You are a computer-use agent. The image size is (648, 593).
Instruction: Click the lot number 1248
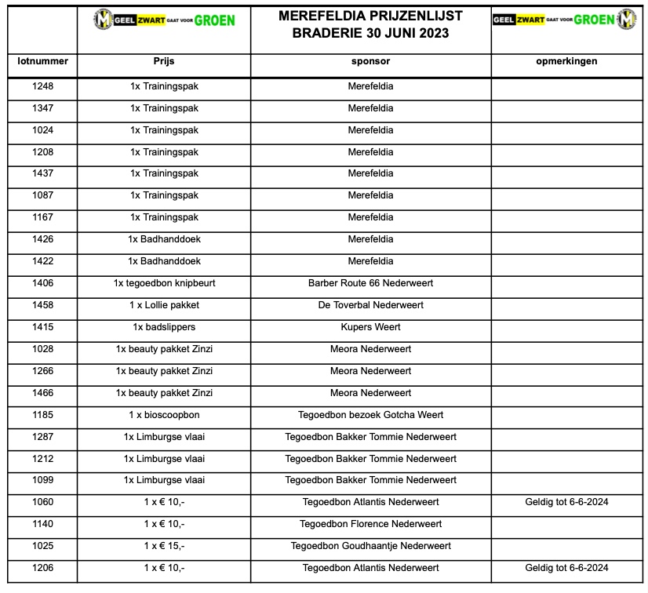pos(43,86)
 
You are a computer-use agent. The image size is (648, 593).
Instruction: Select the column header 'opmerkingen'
pos(569,61)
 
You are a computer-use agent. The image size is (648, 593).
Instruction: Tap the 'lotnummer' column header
pos(43,61)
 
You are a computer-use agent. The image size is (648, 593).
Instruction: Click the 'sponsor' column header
pos(370,61)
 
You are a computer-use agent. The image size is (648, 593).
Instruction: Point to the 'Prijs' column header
pos(164,61)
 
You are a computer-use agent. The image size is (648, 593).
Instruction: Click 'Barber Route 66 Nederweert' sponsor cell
pos(370,283)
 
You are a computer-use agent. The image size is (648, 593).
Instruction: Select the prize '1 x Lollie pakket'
pos(164,305)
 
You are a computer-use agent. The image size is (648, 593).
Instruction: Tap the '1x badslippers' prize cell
pos(164,327)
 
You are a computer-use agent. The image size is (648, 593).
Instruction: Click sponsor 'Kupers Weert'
pos(370,327)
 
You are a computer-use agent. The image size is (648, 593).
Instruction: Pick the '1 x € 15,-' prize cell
pos(164,546)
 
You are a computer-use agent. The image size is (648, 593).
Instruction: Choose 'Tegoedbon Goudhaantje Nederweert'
pos(370,546)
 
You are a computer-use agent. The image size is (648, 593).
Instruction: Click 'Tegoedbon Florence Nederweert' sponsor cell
pos(370,524)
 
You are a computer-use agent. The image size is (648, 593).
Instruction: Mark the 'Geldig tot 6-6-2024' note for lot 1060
pos(569,502)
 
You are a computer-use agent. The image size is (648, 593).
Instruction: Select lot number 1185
pos(43,414)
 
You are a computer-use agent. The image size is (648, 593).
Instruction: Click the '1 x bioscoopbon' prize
pos(164,414)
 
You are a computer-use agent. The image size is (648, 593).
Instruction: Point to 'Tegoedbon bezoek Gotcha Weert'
pos(370,414)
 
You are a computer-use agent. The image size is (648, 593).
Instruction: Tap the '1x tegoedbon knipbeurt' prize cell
pos(164,283)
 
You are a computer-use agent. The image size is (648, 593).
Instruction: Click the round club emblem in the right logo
pos(627,19)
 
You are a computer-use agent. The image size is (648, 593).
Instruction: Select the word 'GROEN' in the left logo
pos(214,20)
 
